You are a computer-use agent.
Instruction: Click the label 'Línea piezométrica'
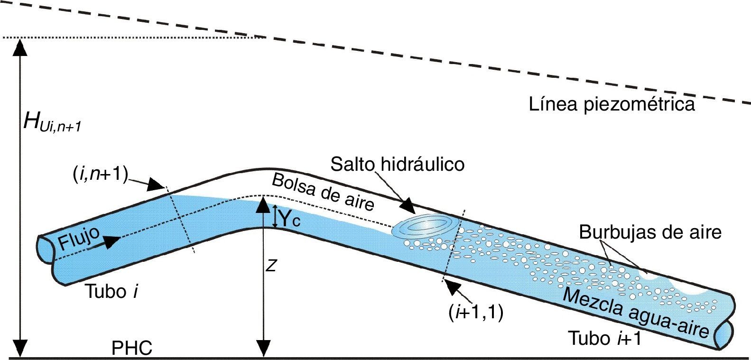(x=612, y=104)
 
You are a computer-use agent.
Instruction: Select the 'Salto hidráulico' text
(x=397, y=164)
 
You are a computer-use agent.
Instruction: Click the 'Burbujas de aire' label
(x=650, y=232)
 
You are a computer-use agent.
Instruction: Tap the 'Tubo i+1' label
(x=605, y=339)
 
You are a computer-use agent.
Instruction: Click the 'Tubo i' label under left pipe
(x=111, y=291)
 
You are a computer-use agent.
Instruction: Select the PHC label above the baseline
(x=132, y=349)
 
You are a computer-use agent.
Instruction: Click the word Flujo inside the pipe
(x=79, y=239)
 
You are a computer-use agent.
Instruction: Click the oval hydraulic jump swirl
(x=425, y=226)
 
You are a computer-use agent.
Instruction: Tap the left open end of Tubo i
(x=45, y=249)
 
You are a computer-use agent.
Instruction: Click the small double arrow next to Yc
(x=274, y=215)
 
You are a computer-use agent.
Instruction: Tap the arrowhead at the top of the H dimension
(x=20, y=45)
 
